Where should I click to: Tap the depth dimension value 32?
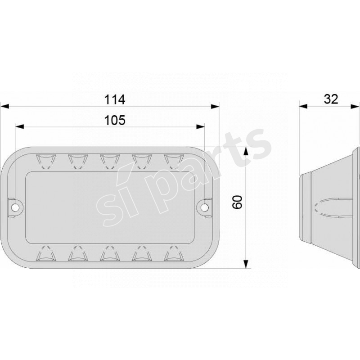coord(331,99)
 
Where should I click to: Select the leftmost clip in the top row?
coord(44,160)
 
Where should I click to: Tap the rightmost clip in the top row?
coord(173,160)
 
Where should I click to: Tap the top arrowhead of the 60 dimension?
coord(246,152)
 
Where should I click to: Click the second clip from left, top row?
coord(76,160)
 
